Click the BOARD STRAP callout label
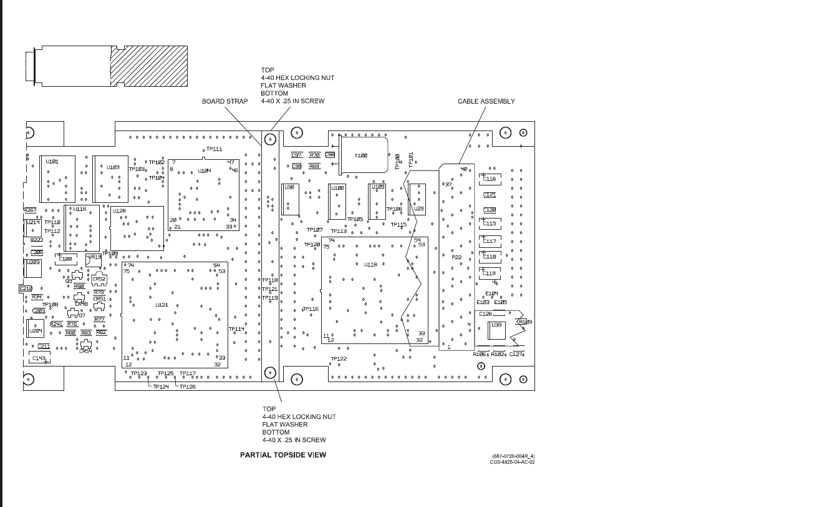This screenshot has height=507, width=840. [x=224, y=101]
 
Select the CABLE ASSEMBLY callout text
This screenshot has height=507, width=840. [x=486, y=101]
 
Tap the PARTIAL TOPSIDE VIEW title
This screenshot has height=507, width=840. [x=283, y=455]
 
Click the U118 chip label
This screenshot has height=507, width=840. [x=370, y=265]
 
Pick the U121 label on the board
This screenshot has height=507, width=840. [x=162, y=305]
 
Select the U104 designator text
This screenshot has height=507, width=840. [x=205, y=170]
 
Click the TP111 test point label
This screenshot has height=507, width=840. [x=214, y=149]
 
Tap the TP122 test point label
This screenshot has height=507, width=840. [x=339, y=359]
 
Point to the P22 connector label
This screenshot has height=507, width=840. [x=456, y=257]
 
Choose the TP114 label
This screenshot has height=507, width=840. [x=236, y=329]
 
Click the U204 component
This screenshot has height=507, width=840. [x=36, y=332]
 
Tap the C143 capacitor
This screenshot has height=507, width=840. [x=39, y=358]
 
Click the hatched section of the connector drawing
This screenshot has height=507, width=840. [x=149, y=66]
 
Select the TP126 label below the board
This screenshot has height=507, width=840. [x=188, y=387]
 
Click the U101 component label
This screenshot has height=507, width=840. [x=53, y=161]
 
